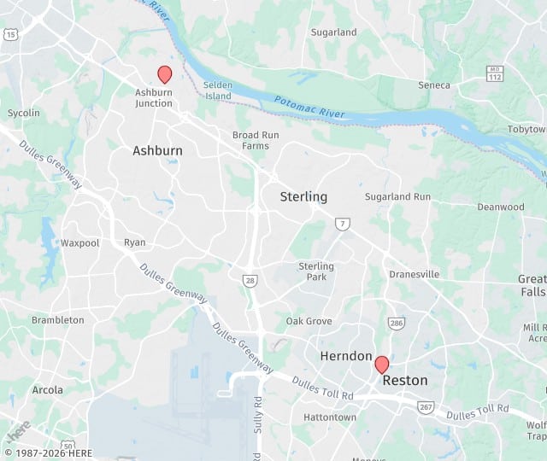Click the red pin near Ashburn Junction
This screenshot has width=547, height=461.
165,74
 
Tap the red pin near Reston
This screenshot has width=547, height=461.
382,365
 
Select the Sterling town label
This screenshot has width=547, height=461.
303,197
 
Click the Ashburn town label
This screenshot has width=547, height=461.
157,151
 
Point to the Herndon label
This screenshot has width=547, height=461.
346,356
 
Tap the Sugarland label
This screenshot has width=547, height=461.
333,32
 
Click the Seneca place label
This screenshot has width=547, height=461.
434,85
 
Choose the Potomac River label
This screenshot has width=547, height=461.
309,108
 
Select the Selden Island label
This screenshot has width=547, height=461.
219,91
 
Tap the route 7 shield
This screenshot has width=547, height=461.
342,224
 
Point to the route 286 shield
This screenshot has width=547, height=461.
397,324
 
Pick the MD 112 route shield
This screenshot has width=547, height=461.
494,74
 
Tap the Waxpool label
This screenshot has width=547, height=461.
79,243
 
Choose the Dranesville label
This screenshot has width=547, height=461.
414,275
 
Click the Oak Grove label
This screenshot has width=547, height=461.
309,321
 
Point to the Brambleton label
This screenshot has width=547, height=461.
58,320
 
